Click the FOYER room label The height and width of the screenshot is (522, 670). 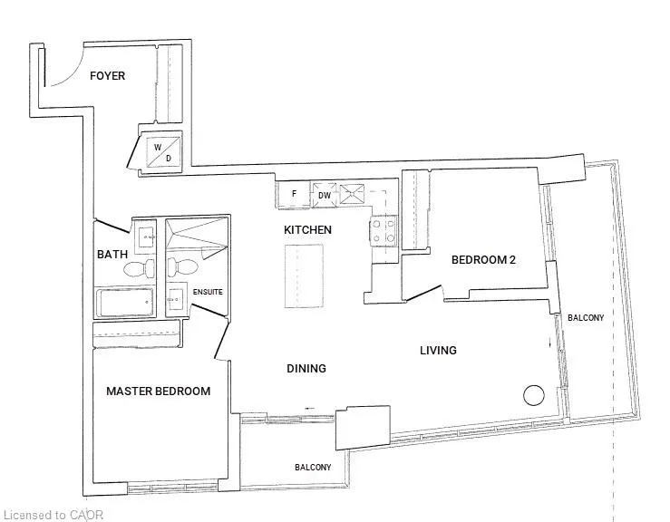click(x=107, y=76)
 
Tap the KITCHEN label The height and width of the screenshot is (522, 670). click(x=307, y=230)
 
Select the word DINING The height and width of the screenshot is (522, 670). click(x=306, y=368)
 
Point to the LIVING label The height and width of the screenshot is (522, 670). click(x=438, y=351)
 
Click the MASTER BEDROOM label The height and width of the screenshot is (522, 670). click(x=158, y=391)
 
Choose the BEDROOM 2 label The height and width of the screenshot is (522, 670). click(x=483, y=260)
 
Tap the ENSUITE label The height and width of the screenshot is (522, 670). click(x=208, y=292)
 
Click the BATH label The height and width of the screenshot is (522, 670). click(x=112, y=255)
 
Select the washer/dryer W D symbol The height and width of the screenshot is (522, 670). click(x=163, y=151)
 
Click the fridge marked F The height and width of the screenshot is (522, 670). click(x=294, y=194)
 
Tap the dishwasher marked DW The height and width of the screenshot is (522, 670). click(x=325, y=195)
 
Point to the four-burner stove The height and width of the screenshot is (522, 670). click(x=384, y=231)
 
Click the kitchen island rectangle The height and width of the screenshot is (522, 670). click(x=304, y=275)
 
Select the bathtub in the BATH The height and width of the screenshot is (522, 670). click(x=125, y=303)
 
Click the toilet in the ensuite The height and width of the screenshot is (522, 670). click(x=182, y=267)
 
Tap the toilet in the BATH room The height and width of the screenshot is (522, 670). click(x=140, y=268)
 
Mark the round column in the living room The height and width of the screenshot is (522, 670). click(x=534, y=395)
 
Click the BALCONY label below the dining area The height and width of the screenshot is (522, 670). click(x=313, y=468)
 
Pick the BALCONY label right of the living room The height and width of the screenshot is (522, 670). click(x=586, y=318)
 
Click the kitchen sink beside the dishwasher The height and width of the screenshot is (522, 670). click(x=352, y=194)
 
